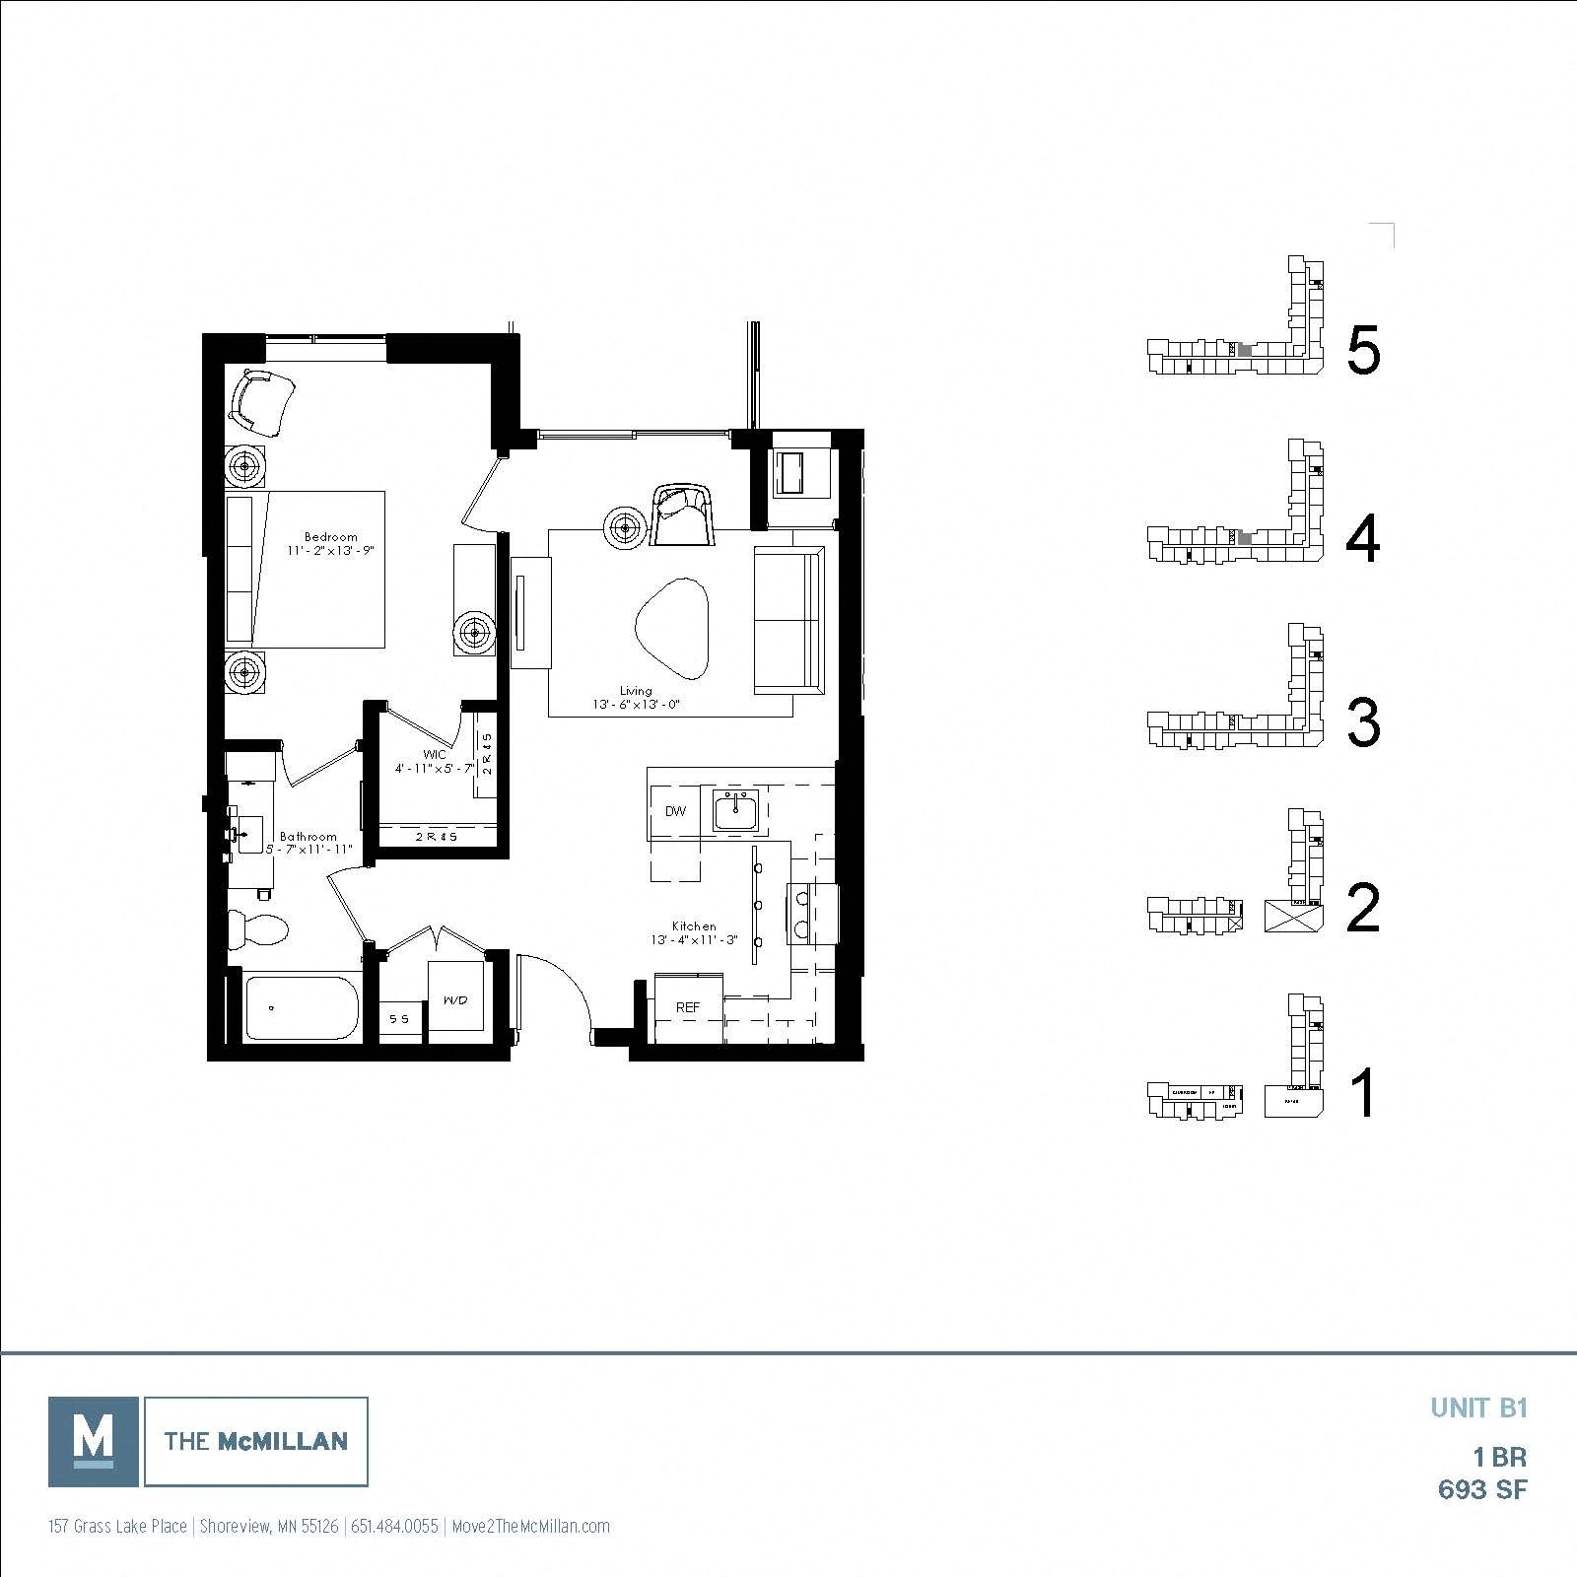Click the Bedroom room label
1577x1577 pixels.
(330, 537)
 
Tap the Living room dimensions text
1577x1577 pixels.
(637, 705)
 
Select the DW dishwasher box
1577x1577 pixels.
(675, 811)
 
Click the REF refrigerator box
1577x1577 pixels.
(688, 1006)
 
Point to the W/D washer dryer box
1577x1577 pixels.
(454, 999)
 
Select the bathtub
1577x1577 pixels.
(302, 1007)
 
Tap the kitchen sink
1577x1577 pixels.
(735, 812)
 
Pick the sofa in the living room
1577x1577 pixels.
(788, 621)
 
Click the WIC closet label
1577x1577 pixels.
(435, 754)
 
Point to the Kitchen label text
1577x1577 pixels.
(694, 926)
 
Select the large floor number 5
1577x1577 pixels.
(1363, 351)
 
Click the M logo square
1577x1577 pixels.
(94, 1441)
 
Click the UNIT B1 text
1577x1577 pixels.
(1478, 1407)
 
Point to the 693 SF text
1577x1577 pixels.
(1481, 1489)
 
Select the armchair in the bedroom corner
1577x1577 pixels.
(261, 401)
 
